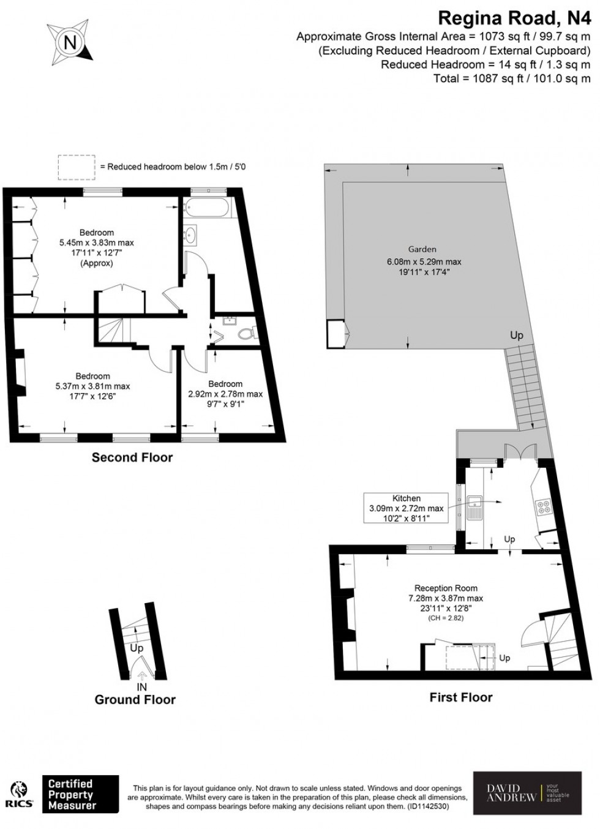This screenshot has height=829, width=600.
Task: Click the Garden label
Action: (422, 249)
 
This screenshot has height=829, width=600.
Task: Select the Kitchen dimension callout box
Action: (406, 508)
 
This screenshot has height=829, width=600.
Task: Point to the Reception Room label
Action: (446, 588)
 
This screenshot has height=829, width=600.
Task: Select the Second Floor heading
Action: (132, 457)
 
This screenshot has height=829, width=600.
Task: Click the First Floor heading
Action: (461, 697)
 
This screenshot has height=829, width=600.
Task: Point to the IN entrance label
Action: (141, 687)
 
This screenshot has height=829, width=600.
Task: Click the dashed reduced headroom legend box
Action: (77, 167)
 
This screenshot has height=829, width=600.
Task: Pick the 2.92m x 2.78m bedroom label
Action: (225, 394)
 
